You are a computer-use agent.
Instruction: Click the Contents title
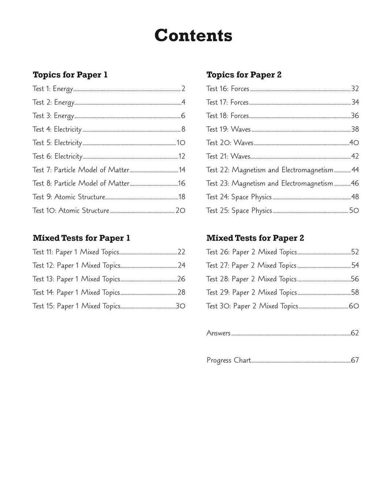pos(193,36)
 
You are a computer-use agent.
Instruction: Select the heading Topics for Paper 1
pos(70,75)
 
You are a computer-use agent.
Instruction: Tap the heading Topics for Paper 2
pos(244,75)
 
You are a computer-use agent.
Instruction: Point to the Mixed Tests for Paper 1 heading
pos(81,238)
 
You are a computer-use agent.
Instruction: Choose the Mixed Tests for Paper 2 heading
pos(255,238)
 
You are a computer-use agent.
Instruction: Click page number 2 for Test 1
pos(183,89)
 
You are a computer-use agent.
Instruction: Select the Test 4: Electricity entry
pos(57,129)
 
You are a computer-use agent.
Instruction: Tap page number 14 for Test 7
pos(182,170)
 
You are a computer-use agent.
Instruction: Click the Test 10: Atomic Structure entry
pos(71,211)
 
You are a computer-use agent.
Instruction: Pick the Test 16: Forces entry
pos(228,89)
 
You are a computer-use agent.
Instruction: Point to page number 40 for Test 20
pos(354,143)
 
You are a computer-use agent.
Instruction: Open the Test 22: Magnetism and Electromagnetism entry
pos(270,170)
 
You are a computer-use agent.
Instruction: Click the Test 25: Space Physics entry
pos(239,211)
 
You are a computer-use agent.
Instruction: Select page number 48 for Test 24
pos(355,197)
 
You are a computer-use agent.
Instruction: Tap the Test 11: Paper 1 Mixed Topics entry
pos(76,252)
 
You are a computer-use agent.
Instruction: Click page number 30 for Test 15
pos(180,306)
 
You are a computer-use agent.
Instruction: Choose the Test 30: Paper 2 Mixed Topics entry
pos(252,306)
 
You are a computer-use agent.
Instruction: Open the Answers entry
pos(218,333)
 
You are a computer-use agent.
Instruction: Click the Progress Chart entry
pos(229,360)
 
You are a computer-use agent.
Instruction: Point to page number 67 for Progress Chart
pos(355,360)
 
